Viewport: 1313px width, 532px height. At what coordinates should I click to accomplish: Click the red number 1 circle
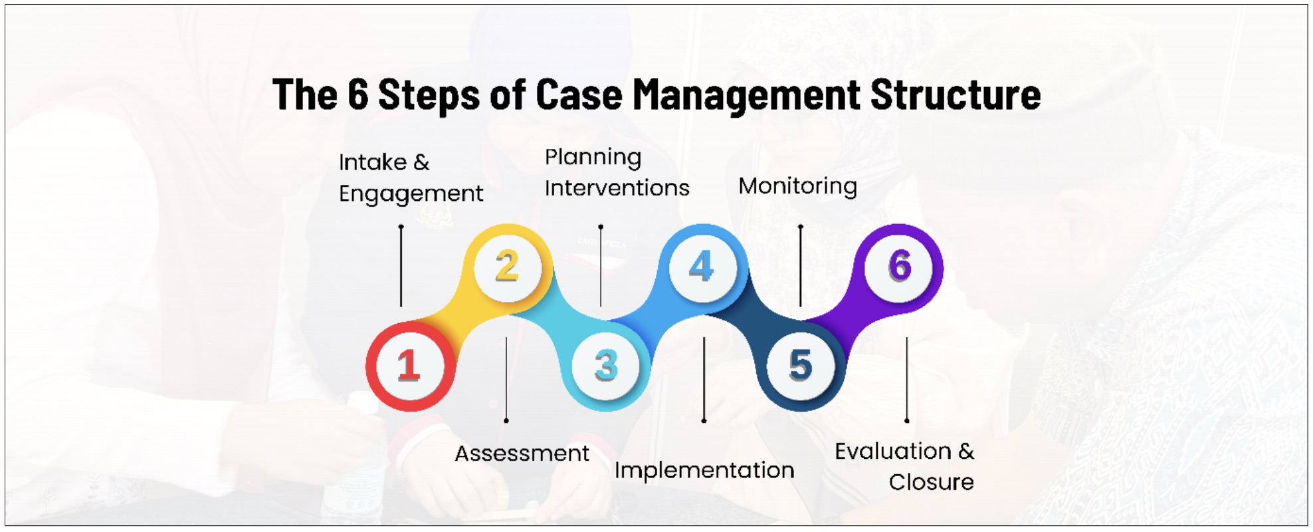[410, 366]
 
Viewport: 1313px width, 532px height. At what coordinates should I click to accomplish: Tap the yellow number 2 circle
[508, 268]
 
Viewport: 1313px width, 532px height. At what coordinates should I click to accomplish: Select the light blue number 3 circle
[606, 366]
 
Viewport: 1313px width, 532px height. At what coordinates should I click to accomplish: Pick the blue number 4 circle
[703, 268]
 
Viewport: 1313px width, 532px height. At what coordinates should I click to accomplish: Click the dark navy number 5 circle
[801, 366]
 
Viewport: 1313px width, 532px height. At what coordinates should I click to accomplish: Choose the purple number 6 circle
[898, 268]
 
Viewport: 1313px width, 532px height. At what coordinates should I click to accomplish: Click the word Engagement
[411, 194]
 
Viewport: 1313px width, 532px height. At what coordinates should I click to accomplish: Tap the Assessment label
[522, 454]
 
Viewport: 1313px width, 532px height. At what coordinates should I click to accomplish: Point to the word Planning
[593, 158]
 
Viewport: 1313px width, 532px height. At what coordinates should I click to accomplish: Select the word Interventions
[617, 188]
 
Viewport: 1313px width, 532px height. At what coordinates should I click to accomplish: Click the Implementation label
[704, 471]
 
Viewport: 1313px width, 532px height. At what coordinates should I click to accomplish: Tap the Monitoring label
[797, 187]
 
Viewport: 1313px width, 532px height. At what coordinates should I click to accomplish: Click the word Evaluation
[893, 452]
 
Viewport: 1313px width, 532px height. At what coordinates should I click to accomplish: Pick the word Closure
[931, 482]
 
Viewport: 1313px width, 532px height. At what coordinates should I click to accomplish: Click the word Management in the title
[746, 95]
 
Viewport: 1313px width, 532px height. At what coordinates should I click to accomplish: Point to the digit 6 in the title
[357, 94]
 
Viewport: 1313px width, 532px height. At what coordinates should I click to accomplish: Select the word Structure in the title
[956, 94]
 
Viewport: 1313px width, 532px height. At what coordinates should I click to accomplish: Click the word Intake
[372, 162]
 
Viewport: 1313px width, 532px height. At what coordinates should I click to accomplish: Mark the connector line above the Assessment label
[506, 379]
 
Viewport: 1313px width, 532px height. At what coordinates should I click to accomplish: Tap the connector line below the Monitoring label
[801, 265]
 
